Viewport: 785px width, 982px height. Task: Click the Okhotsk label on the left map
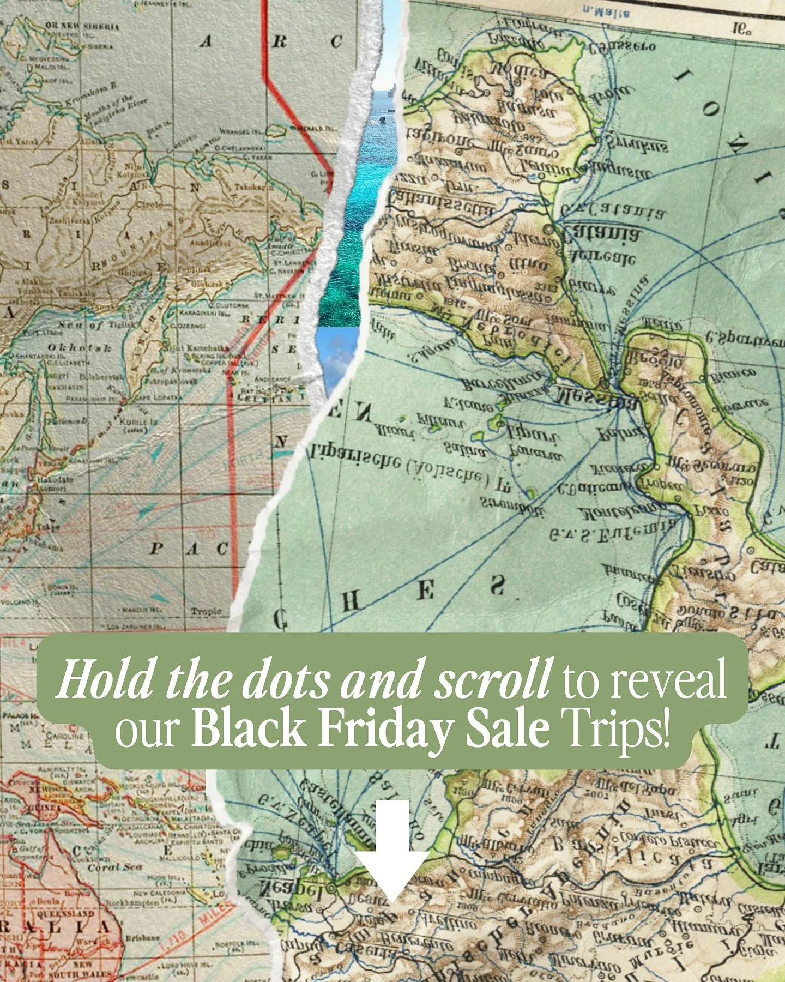[80, 347]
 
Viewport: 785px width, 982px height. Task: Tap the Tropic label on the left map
[206, 611]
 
